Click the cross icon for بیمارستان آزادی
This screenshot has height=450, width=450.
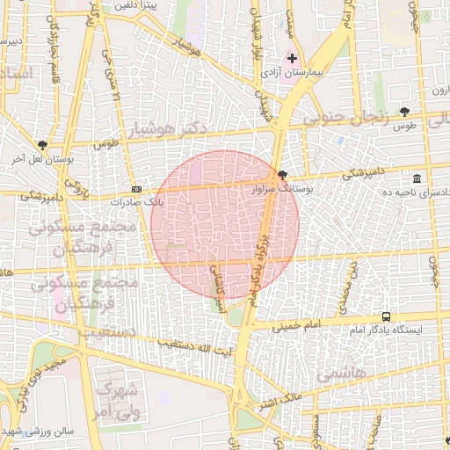[293, 58]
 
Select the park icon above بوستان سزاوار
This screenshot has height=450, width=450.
[281, 175]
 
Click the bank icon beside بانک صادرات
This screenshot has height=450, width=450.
[137, 189]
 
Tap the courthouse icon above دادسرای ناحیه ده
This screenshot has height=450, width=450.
[416, 179]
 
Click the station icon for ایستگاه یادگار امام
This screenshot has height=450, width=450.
[387, 317]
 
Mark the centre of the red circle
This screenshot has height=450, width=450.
[225, 224]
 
